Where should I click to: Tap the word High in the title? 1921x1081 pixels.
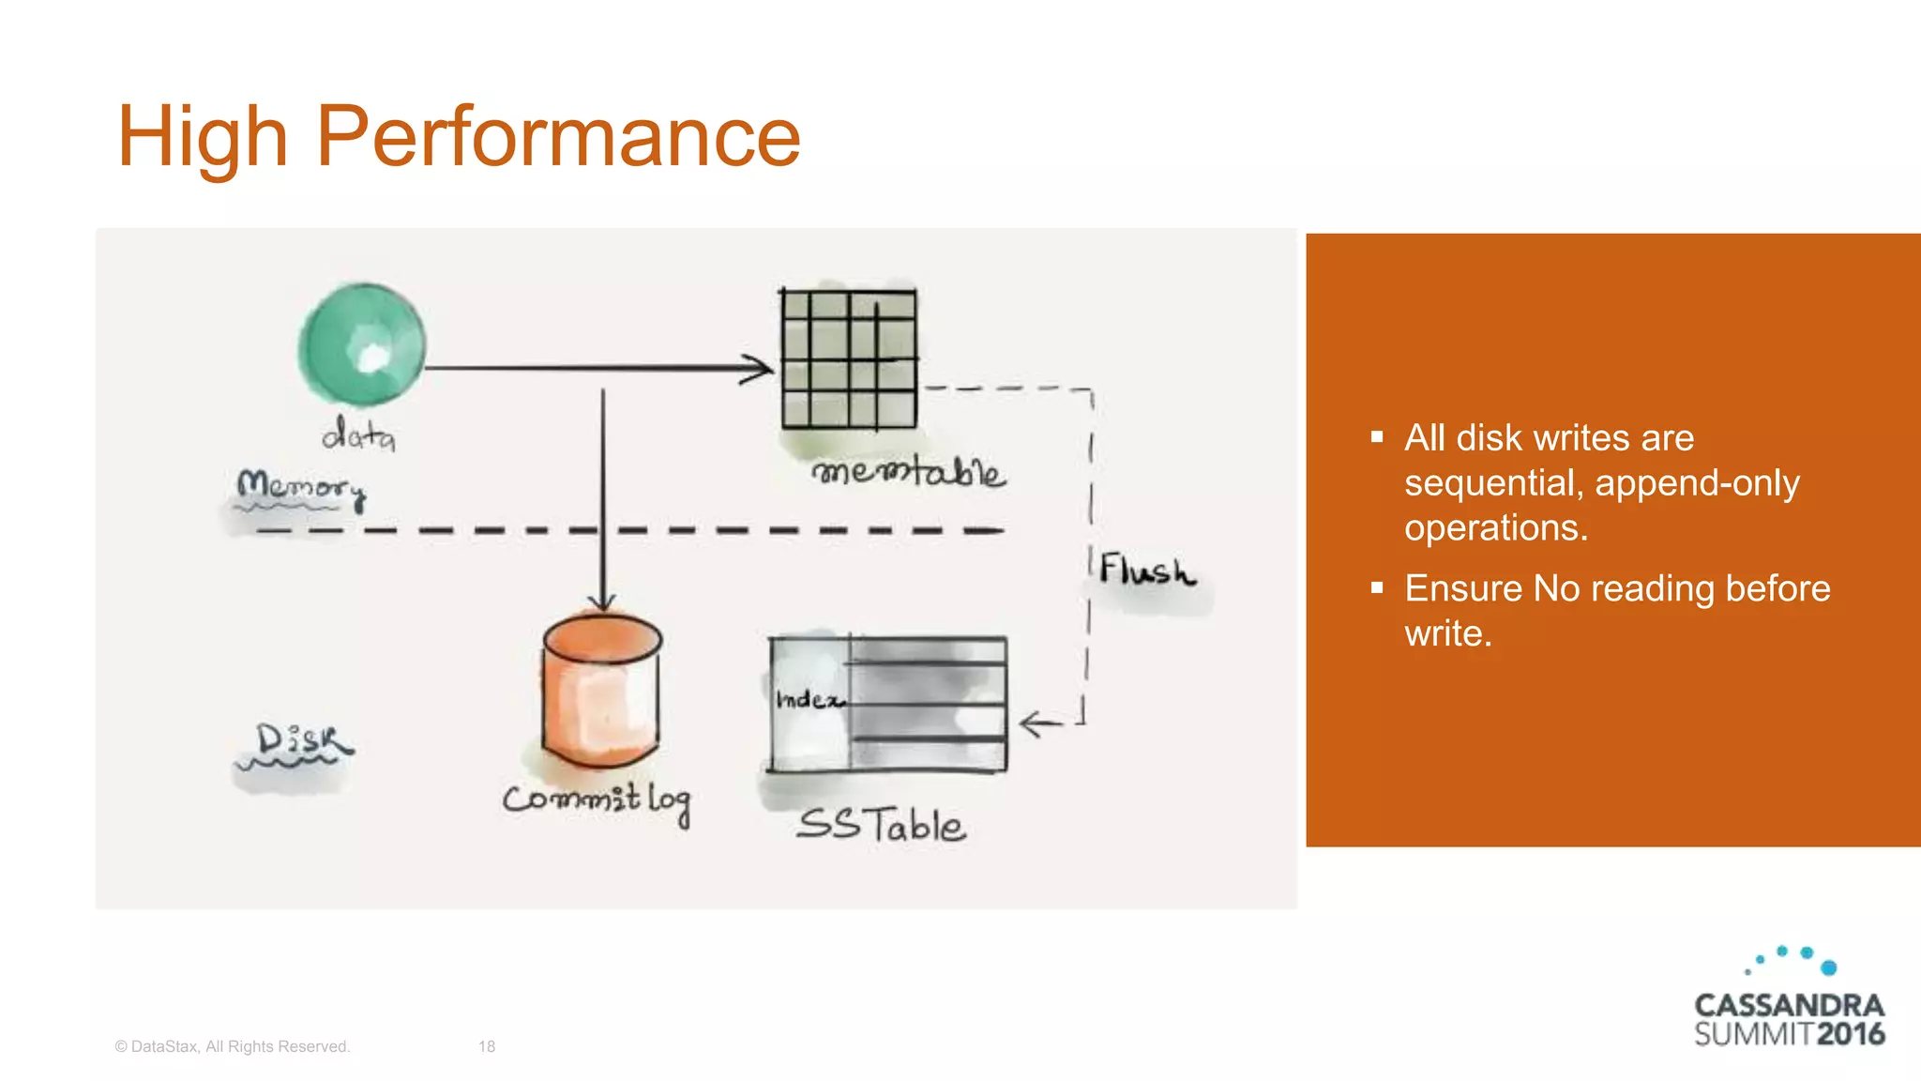[x=202, y=138]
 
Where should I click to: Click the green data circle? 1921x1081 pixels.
[x=361, y=344]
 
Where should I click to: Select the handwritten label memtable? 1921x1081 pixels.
[x=908, y=471]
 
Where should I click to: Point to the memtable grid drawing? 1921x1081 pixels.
[x=849, y=359]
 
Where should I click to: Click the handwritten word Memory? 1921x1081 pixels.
[x=300, y=487]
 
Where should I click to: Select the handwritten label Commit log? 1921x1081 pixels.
[x=597, y=800]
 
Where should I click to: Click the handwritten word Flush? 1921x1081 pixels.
[x=1146, y=571]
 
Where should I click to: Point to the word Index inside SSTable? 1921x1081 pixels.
[x=809, y=700]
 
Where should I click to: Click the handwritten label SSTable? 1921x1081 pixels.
[x=880, y=826]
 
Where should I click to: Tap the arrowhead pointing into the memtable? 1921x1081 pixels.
[x=758, y=369]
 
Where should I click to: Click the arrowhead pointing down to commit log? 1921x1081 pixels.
[x=602, y=601]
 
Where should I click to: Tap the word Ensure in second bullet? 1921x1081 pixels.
[x=1462, y=589]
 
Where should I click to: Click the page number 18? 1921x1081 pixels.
[x=486, y=1046]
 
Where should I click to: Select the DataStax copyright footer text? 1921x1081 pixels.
[x=232, y=1046]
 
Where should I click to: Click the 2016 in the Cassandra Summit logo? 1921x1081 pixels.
[x=1850, y=1034]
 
